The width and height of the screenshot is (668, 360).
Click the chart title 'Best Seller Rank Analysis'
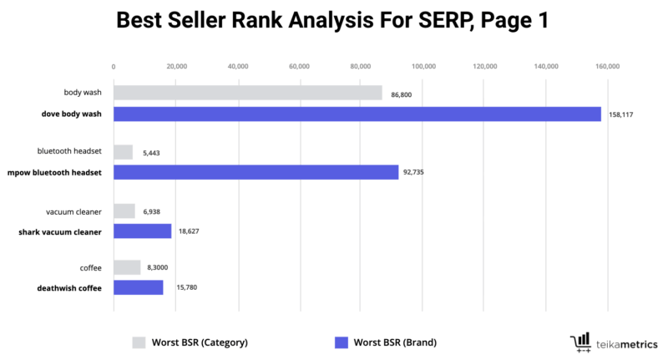tap(332, 21)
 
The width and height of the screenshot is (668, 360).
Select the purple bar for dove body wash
tap(357, 114)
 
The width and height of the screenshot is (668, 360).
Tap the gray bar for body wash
tap(247, 93)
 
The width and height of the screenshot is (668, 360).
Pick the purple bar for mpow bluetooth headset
tap(256, 172)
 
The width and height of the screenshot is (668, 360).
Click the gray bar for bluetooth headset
tap(123, 151)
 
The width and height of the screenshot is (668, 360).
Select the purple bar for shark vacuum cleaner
tap(142, 231)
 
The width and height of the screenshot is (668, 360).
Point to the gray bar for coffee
tap(127, 267)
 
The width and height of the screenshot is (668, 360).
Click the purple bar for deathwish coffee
tap(138, 287)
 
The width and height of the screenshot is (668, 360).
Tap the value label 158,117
tap(622, 114)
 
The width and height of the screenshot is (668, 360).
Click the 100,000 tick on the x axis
tap(423, 66)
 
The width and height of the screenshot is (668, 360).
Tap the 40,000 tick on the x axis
tap(237, 66)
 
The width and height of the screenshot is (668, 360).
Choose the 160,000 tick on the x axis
tap(608, 66)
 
